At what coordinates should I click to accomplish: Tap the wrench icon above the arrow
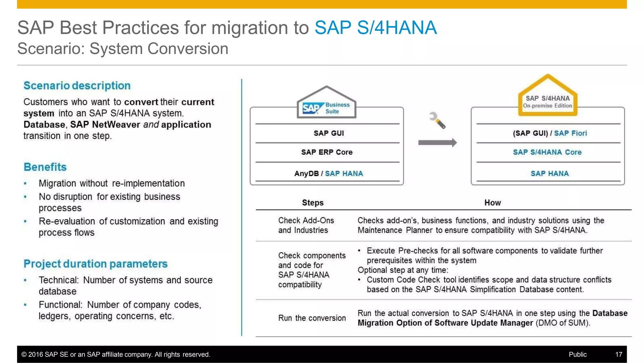point(437,121)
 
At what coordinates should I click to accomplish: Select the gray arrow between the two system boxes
point(437,143)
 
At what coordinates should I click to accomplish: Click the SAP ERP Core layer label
point(327,152)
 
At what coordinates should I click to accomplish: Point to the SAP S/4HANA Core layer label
point(547,152)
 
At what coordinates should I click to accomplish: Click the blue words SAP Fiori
point(570,133)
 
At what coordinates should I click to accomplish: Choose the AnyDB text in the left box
point(306,173)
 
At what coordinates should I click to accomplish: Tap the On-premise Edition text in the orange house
point(547,106)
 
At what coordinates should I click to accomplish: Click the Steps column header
point(313,203)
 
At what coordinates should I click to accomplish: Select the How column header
point(492,203)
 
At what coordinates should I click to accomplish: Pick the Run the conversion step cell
point(312,318)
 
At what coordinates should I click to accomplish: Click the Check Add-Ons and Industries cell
point(306,225)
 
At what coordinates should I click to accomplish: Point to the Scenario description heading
point(77,86)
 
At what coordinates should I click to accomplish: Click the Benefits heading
point(45,167)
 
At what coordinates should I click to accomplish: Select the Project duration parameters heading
point(96,264)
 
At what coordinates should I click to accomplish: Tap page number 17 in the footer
point(619,354)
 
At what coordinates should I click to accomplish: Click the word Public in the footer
point(578,354)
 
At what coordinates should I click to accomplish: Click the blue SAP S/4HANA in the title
point(375,28)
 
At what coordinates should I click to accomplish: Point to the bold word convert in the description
point(141,102)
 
